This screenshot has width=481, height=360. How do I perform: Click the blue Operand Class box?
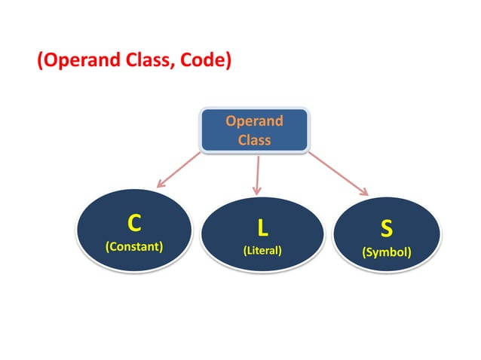pyautogui.click(x=253, y=130)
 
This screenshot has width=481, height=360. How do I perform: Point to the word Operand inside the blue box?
pyautogui.click(x=254, y=121)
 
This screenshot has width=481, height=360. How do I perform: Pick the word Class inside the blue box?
pyautogui.click(x=254, y=139)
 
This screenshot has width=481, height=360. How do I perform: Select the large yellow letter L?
pyautogui.click(x=262, y=227)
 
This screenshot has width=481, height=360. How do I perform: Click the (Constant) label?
pyautogui.click(x=134, y=246)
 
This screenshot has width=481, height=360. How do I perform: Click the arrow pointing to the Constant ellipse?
pyautogui.click(x=179, y=169)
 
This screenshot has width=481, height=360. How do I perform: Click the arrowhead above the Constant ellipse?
pyautogui.click(x=161, y=183)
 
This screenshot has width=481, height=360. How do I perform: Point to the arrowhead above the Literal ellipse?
pyautogui.click(x=257, y=190)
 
